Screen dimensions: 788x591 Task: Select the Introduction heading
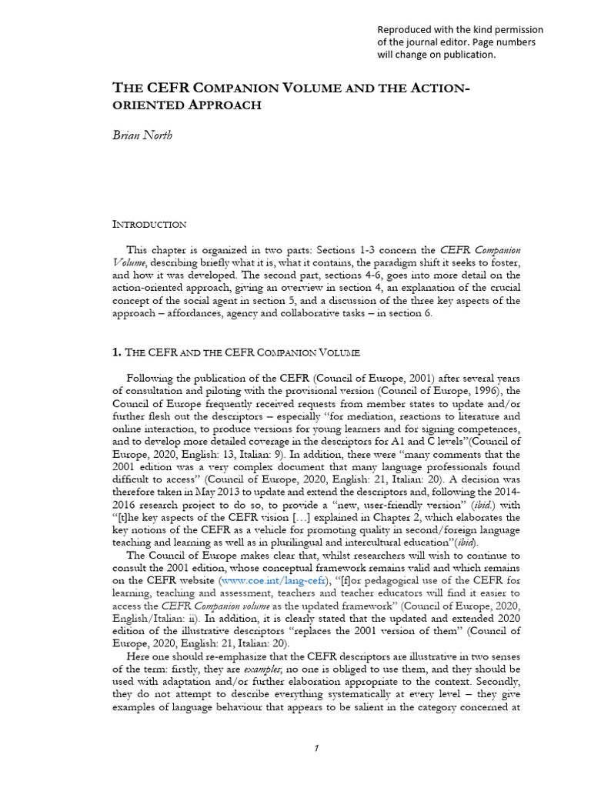149,225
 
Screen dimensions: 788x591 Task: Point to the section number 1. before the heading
117,353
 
